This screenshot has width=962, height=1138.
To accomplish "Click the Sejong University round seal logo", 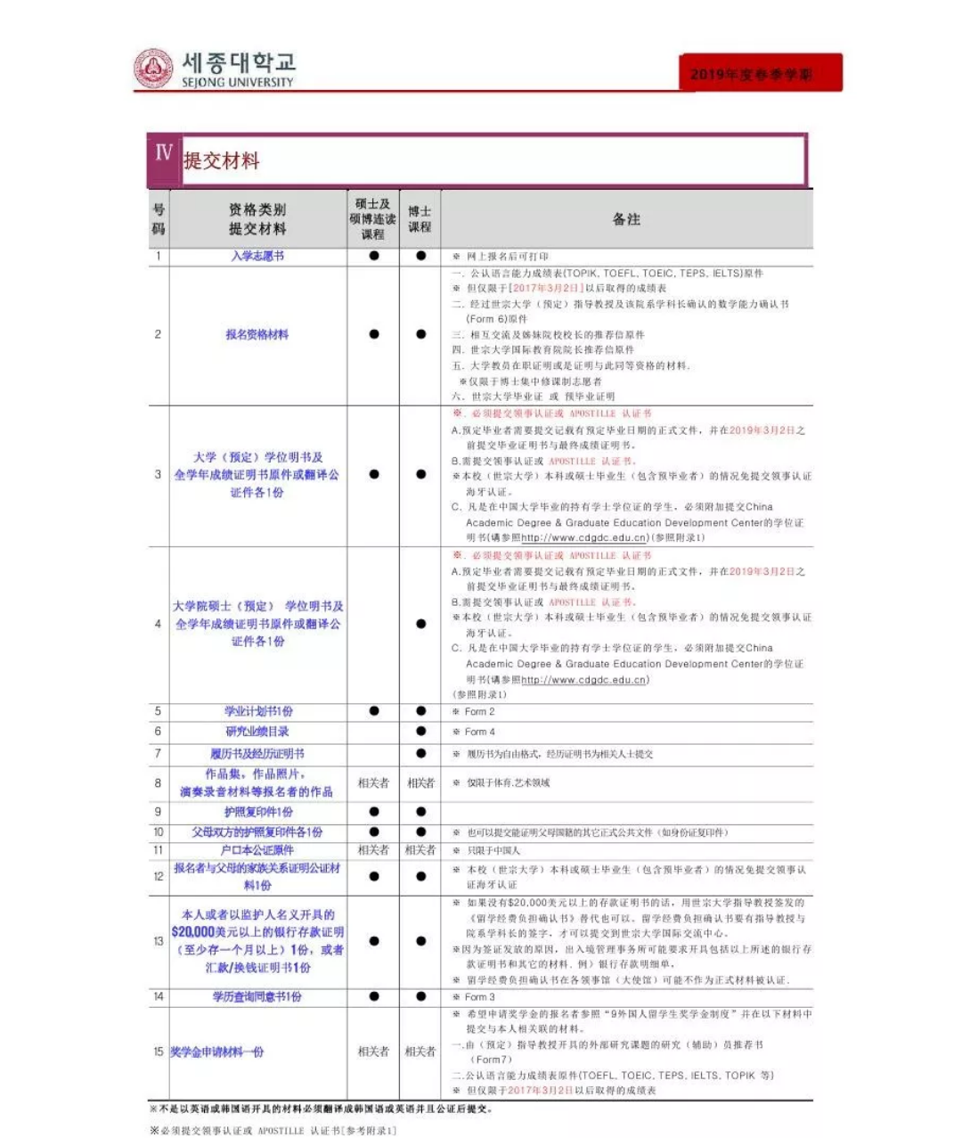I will [x=153, y=69].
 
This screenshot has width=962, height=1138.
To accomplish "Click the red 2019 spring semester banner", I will [x=760, y=73].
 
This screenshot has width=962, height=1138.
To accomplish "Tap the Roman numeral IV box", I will [x=164, y=154].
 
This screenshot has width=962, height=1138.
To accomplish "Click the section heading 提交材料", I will [x=222, y=161].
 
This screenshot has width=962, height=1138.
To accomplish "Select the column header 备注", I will [x=626, y=219].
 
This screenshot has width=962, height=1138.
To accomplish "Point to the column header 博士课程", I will [x=420, y=219].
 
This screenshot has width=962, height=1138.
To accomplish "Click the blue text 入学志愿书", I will [x=257, y=256].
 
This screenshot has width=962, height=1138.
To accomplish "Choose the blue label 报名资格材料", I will [x=257, y=335].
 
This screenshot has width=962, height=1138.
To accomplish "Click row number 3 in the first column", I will [x=158, y=475].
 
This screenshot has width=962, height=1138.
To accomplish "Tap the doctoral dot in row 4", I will [x=420, y=624].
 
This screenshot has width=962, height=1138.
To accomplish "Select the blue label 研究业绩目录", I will [x=257, y=732].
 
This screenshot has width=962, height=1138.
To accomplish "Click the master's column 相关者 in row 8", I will [x=373, y=783].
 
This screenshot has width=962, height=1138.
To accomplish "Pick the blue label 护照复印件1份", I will [x=258, y=812].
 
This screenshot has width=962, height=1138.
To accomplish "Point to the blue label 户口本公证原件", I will [x=257, y=850].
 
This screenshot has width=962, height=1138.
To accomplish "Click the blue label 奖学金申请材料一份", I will [x=217, y=1052].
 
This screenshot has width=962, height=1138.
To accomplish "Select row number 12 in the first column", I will [x=158, y=877].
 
